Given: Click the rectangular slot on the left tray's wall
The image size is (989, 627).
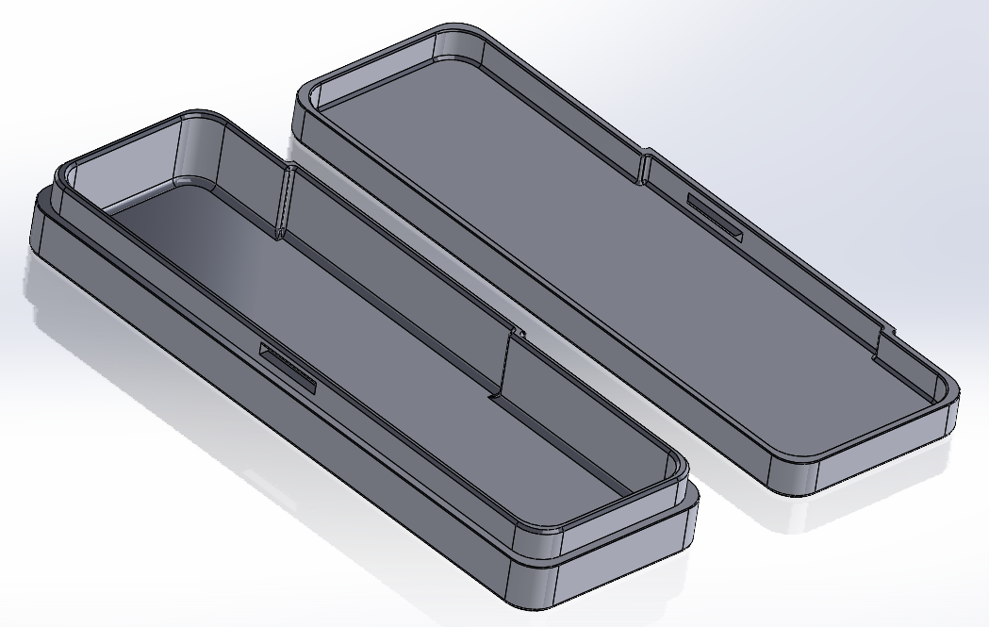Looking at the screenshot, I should point(288,367).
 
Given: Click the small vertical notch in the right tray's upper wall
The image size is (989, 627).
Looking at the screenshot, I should point(645,166).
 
